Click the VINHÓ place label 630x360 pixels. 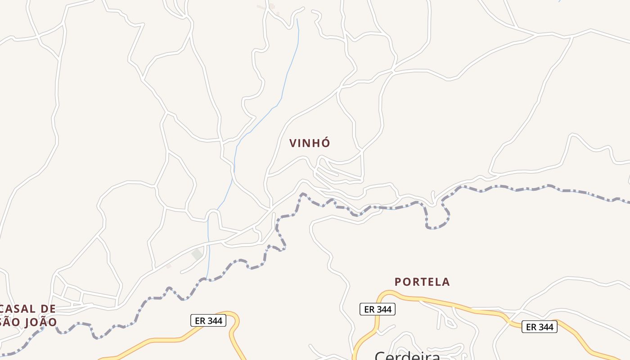tap(310, 143)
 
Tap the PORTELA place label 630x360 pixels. tap(422, 282)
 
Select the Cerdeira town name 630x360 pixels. tap(407, 355)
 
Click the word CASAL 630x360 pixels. tap(18, 309)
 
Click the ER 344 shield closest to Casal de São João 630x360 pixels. tap(208, 320)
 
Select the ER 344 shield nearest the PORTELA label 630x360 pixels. tap(377, 309)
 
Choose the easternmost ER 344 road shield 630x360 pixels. tap(539, 327)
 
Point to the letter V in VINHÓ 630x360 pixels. tap(293, 143)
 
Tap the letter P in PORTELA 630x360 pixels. tap(398, 282)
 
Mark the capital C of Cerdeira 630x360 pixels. tap(381, 355)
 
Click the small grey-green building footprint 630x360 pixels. tap(197, 254)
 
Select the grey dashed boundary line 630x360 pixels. tap(495, 188)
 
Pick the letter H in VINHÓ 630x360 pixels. tap(317, 143)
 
